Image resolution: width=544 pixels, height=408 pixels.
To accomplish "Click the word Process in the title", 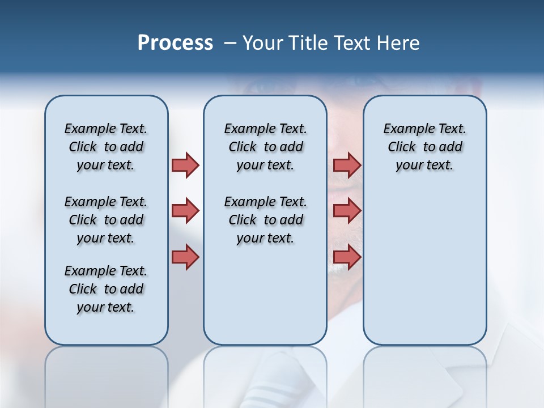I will tap(175, 43).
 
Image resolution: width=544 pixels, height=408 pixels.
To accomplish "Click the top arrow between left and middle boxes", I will tap(185, 165).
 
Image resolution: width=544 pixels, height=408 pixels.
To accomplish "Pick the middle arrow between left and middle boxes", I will tap(185, 211).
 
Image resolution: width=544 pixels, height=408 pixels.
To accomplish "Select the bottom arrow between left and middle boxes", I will tap(185, 257).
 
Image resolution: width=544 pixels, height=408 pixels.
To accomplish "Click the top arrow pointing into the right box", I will tap(347, 165).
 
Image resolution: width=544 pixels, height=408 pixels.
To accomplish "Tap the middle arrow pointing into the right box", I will tap(347, 211).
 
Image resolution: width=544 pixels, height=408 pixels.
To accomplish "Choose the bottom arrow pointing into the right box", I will tap(347, 257).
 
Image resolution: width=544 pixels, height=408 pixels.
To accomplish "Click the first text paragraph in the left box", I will tap(106, 147).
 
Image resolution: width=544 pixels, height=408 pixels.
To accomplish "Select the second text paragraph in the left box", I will tap(106, 220).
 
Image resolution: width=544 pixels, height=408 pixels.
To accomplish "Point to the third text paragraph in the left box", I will tap(106, 289).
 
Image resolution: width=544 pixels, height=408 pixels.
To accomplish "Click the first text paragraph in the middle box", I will tap(265, 147).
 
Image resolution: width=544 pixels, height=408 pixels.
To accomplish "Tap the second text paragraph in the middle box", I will tap(265, 220).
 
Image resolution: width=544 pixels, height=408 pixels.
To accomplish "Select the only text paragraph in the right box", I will tap(424, 147).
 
